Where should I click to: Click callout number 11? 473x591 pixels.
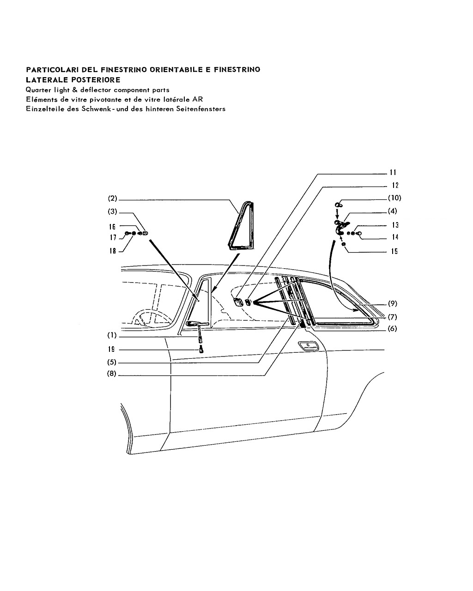pos(393,173)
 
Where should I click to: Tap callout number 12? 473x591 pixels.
pos(395,185)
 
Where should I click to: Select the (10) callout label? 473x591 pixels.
pos(394,198)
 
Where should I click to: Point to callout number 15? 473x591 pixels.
pos(394,251)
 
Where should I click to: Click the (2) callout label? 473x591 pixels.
pos(112,198)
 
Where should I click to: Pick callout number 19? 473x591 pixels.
pos(111,350)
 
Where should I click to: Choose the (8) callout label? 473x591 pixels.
pos(112,374)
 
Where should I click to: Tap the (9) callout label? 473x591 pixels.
pos(393,303)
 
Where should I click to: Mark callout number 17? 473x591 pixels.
pos(113,237)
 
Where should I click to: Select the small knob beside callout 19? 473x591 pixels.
pos(201,350)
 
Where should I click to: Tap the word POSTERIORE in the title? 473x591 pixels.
pos(96,80)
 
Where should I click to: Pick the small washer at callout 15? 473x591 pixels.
pos(343,244)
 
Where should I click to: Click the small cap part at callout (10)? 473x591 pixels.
pos(338,205)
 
